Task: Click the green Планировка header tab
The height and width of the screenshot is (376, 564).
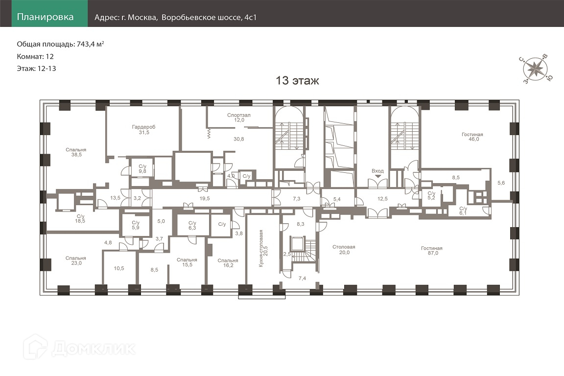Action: click(49, 13)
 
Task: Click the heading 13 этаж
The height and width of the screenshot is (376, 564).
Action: click(297, 80)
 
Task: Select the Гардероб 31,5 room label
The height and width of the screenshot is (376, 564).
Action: click(143, 130)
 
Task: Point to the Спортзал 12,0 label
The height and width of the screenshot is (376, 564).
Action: click(239, 117)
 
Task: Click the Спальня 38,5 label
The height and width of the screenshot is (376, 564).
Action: click(76, 152)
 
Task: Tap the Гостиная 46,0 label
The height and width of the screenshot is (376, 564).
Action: click(472, 137)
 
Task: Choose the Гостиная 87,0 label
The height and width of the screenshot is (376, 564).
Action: click(432, 251)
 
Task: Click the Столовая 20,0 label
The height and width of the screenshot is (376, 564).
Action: click(344, 250)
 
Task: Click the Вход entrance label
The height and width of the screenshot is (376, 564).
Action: click(377, 171)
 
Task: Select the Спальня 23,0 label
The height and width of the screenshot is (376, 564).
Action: click(76, 260)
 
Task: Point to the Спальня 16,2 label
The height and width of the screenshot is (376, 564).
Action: click(228, 263)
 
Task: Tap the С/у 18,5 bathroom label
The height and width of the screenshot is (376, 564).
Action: click(80, 219)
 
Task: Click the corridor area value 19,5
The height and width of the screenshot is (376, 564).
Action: click(205, 199)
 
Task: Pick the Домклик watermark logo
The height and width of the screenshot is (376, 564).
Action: click(79, 348)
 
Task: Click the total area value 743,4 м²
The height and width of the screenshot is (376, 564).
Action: click(90, 44)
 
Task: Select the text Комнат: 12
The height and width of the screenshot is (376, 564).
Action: click(35, 56)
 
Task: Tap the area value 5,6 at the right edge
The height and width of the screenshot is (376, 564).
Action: click(501, 183)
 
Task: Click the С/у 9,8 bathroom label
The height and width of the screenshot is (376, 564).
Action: click(142, 169)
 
